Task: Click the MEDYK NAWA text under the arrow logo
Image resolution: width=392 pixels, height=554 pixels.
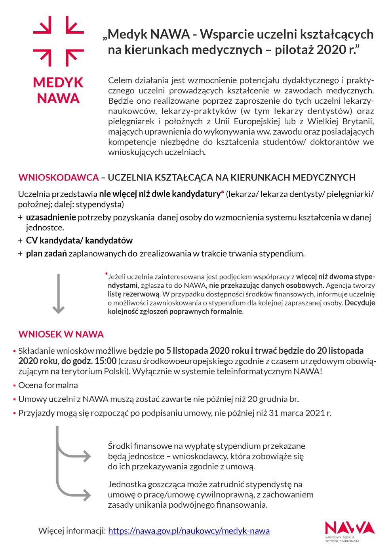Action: tap(58, 90)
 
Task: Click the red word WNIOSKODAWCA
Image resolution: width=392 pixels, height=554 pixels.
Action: tap(58, 177)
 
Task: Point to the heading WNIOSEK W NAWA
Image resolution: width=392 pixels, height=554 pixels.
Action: tap(61, 334)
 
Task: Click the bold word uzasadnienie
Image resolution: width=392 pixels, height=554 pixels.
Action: tap(51, 217)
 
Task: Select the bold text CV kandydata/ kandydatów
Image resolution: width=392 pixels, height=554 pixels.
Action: tap(79, 240)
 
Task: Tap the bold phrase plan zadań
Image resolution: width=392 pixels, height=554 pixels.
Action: tap(46, 253)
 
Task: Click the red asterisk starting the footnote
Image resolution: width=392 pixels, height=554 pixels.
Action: tap(106, 274)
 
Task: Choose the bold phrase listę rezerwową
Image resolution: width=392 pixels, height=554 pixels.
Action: tap(133, 294)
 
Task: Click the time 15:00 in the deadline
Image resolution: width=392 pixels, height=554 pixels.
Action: tap(105, 361)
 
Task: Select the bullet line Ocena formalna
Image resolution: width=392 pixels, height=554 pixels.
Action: tap(48, 385)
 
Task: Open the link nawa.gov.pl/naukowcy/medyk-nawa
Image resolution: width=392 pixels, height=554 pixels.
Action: tap(189, 531)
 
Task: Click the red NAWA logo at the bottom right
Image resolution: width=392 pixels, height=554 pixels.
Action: tap(349, 528)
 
